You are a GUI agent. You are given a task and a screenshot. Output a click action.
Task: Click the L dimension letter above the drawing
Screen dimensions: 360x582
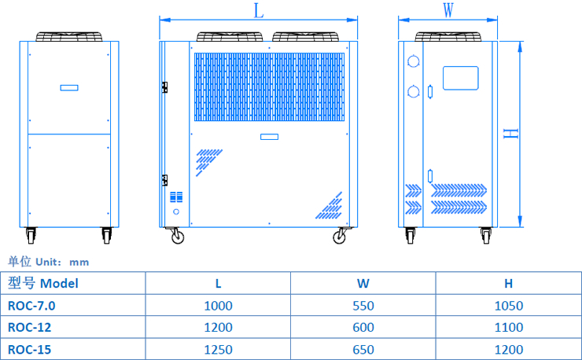coord(259,10)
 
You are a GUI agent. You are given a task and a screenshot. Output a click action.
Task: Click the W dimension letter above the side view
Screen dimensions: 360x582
coord(448,10)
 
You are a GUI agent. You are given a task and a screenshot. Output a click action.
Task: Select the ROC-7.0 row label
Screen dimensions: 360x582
coord(31,305)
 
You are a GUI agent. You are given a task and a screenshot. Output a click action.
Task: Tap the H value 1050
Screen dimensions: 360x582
coord(509,305)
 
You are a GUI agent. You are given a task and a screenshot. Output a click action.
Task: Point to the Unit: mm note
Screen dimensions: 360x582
coord(49,261)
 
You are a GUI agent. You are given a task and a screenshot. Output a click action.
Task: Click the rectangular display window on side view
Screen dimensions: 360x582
coord(460,78)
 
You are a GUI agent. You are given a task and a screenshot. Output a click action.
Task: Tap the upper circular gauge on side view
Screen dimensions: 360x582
coord(414,61)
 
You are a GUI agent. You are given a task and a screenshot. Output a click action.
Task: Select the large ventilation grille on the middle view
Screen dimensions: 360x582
coord(269,87)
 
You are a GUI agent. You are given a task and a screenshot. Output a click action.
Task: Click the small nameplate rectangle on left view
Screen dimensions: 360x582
coord(69,87)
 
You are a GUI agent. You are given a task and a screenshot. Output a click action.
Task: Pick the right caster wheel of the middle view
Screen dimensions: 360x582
coord(340,235)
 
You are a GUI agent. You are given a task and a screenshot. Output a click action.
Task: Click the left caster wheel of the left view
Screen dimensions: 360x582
coord(31,234)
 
